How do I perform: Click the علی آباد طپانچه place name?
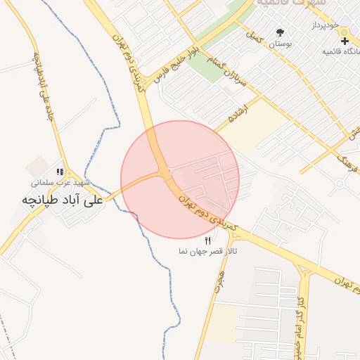tap(63, 200)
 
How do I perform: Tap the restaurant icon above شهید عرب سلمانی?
tap(60, 172)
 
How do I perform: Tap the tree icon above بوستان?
tap(281, 32)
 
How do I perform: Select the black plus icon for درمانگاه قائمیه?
tap(345, 41)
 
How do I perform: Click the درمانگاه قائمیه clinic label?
tap(341, 51)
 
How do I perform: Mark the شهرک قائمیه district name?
tap(292, 4)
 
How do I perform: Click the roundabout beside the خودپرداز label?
tap(344, 32)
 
